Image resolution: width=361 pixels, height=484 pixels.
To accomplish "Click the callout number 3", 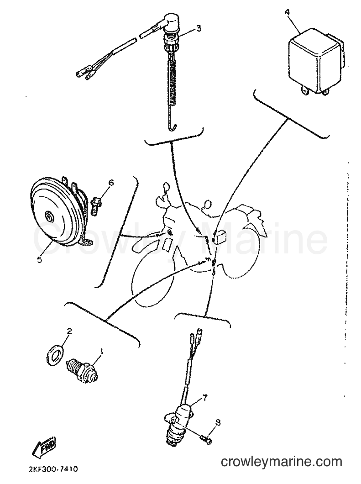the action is point(199,28).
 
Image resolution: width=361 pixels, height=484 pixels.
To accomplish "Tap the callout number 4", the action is point(288,13).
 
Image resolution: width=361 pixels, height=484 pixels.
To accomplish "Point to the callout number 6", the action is point(111,183).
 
